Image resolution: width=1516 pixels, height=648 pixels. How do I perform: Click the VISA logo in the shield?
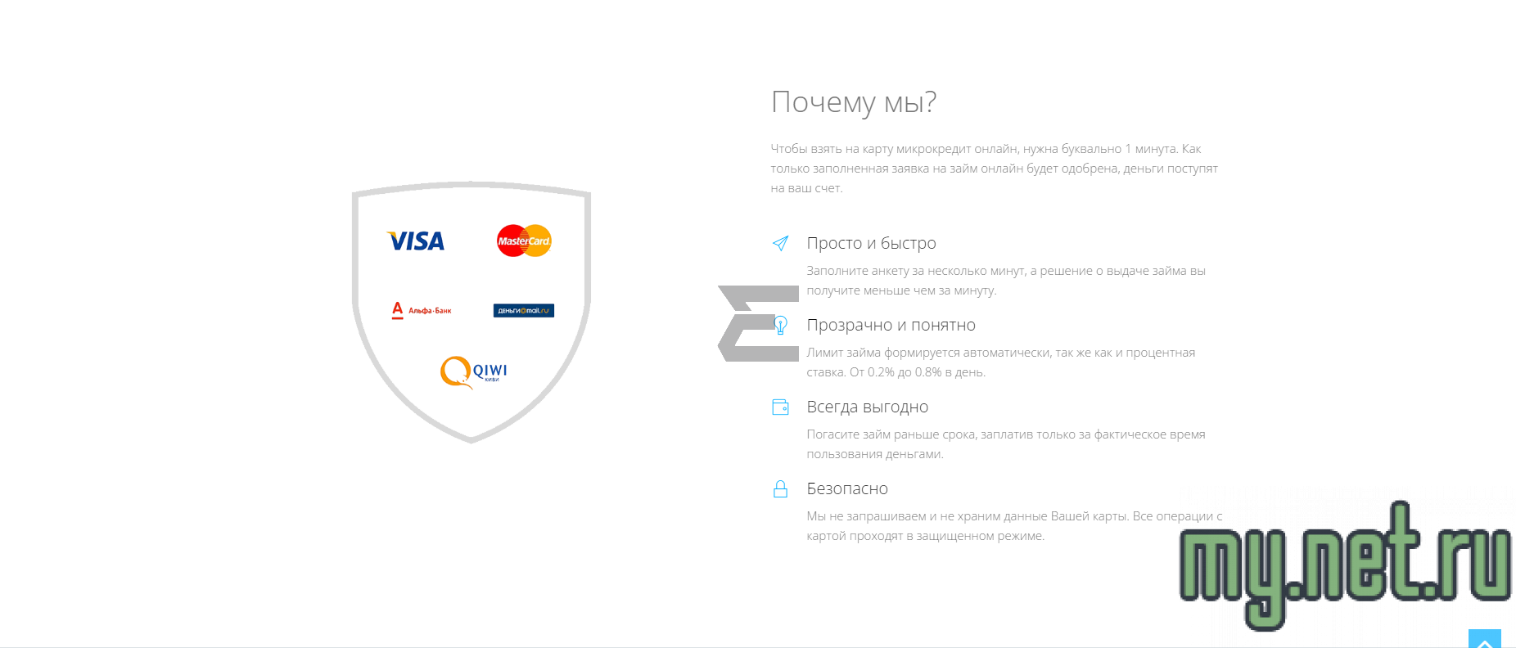416,241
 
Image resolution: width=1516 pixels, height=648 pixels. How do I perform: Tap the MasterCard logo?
524,241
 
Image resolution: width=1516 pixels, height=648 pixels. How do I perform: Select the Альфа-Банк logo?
422,310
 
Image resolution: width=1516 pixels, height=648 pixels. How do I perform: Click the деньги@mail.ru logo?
524,311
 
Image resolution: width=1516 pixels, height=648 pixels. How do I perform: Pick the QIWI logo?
474,372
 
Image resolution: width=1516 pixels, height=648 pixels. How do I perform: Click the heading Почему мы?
853,102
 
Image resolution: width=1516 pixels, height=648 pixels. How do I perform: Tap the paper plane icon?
780,243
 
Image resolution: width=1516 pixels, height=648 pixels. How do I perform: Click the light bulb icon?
781,325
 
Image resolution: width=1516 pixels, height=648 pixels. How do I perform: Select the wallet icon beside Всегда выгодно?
780,407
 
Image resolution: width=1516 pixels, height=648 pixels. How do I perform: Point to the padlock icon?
780,488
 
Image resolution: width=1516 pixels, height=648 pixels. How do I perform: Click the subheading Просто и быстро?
871,243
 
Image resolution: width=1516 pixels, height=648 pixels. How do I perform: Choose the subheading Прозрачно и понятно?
891,325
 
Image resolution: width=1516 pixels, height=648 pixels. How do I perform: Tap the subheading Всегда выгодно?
867,407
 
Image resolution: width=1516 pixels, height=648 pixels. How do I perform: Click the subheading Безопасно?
847,488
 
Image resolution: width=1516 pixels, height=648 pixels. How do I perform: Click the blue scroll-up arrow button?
1484,638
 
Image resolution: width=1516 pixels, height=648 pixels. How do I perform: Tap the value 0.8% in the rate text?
928,372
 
